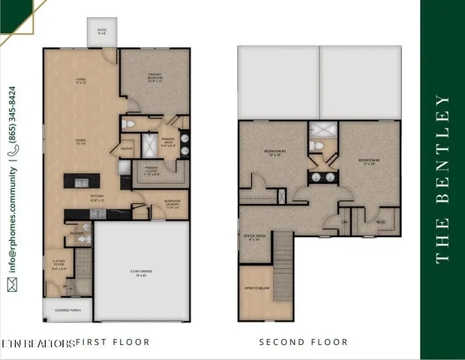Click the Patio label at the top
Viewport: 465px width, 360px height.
coord(101,32)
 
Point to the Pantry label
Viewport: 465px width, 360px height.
coord(125,148)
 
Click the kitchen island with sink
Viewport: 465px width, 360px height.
coord(82,181)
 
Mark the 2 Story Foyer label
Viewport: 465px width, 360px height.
coord(59,263)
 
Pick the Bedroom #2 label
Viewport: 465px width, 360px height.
coord(368,161)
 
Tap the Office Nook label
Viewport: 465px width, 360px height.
coord(253,238)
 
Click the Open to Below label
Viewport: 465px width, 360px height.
coord(252,289)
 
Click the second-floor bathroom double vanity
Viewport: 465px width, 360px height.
coord(323,177)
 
